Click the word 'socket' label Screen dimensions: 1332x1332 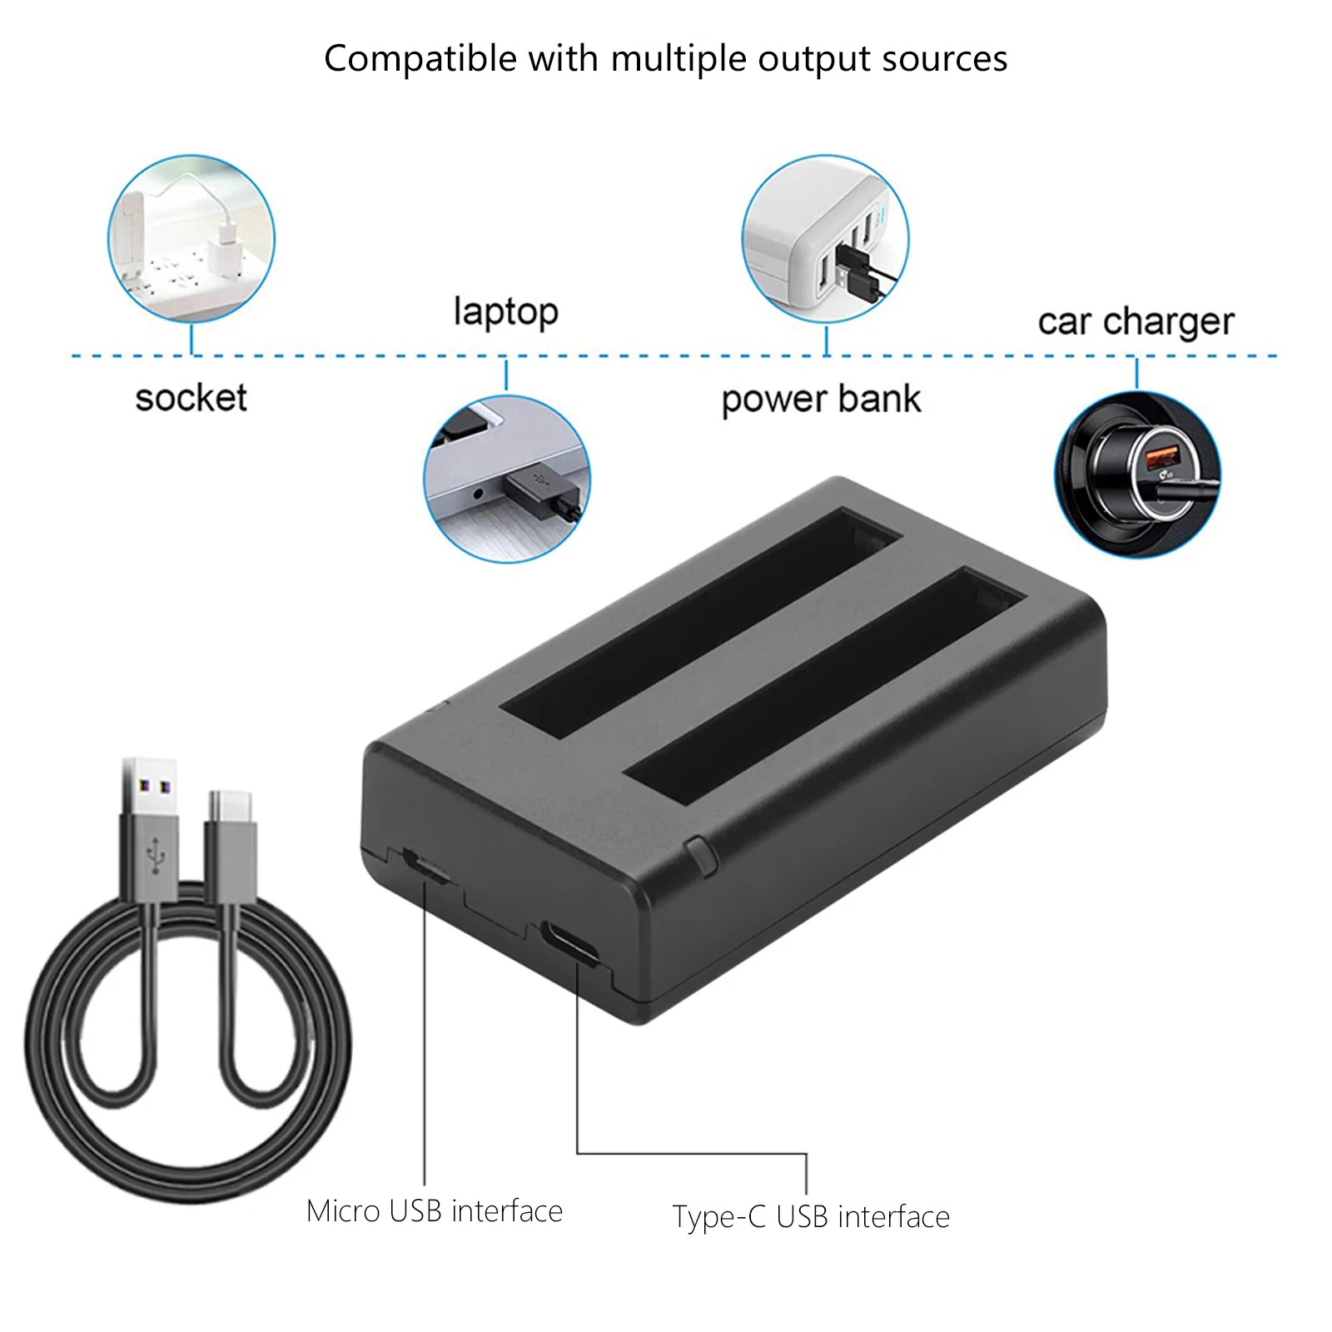(191, 398)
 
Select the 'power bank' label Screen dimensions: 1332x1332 (821, 400)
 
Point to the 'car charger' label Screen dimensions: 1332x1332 (1136, 321)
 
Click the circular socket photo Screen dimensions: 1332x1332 (191, 239)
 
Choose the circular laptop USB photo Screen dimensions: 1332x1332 (506, 479)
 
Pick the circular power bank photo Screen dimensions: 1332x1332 (825, 239)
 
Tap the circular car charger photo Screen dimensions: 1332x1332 (1137, 474)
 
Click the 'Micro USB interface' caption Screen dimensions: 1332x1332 (434, 1211)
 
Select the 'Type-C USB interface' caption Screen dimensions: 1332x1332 (811, 1217)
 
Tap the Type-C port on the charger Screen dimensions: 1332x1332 (569, 942)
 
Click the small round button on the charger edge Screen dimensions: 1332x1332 (701, 856)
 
